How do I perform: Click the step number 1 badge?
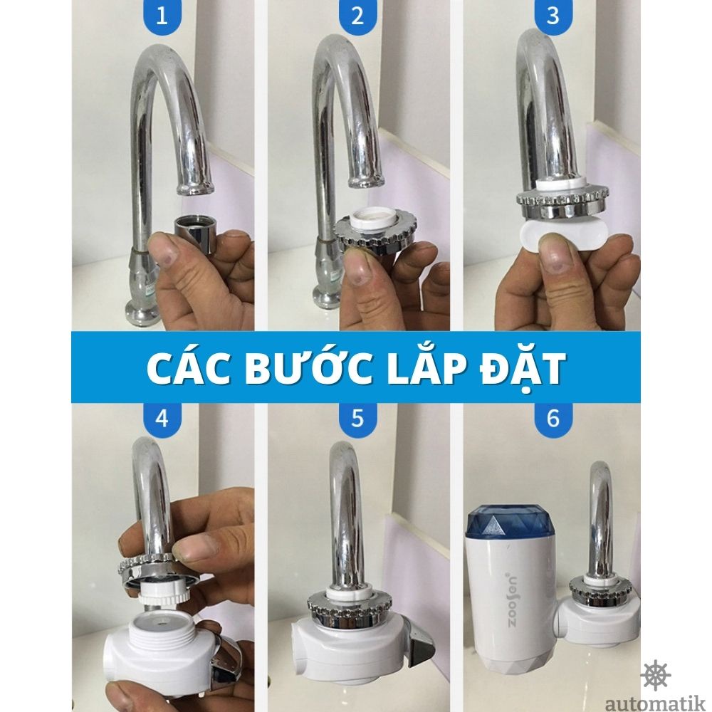click(x=162, y=16)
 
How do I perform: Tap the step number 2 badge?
click(x=357, y=16)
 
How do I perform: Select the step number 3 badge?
click(x=553, y=16)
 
